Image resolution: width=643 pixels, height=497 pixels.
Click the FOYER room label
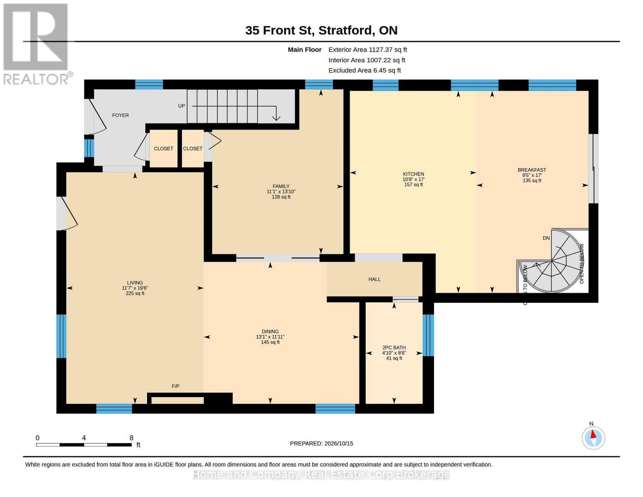pyautogui.click(x=120, y=115)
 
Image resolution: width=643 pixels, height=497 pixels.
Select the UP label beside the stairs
pyautogui.click(x=181, y=106)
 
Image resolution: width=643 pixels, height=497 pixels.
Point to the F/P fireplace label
pyautogui.click(x=176, y=386)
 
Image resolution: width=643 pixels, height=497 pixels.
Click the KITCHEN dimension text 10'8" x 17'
pyautogui.click(x=413, y=179)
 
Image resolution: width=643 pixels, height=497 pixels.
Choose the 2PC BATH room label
pyautogui.click(x=394, y=347)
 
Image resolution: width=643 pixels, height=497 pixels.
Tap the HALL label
pyautogui.click(x=374, y=279)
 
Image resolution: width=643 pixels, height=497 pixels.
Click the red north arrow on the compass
pyautogui.click(x=593, y=434)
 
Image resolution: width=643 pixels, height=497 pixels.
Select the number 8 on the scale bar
pyautogui.click(x=131, y=438)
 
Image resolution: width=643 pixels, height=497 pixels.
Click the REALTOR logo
pyautogui.click(x=37, y=44)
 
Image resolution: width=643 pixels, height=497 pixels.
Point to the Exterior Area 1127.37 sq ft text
pyautogui.click(x=368, y=50)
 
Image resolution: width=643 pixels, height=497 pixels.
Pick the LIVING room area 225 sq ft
pyautogui.click(x=135, y=293)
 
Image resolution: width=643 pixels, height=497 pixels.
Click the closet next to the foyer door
pyautogui.click(x=164, y=149)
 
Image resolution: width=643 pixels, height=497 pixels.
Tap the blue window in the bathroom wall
pyautogui.click(x=428, y=335)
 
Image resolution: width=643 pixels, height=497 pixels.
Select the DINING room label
pyautogui.click(x=270, y=331)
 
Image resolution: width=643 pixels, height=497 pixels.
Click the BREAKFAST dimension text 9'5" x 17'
pyautogui.click(x=532, y=175)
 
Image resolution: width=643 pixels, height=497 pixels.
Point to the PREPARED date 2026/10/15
pyautogui.click(x=339, y=444)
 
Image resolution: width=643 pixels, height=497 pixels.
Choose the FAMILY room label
pyautogui.click(x=281, y=186)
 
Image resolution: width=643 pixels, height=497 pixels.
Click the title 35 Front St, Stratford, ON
pyautogui.click(x=321, y=30)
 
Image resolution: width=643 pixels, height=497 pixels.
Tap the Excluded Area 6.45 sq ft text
pyautogui.click(x=364, y=70)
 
